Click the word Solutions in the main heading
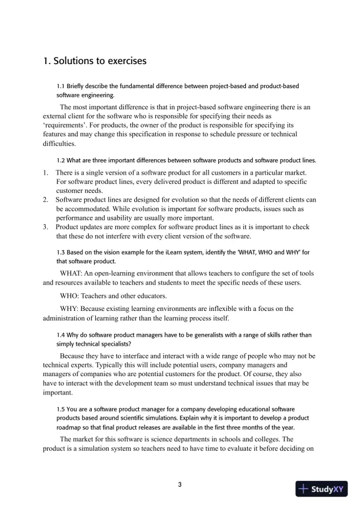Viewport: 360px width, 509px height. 74,61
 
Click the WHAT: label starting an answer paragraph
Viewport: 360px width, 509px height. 72,274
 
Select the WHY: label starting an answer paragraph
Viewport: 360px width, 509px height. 70,309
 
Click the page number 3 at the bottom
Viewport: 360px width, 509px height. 180,485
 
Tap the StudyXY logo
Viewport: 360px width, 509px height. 322,488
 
